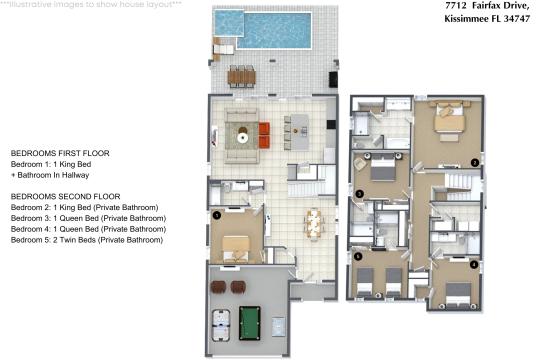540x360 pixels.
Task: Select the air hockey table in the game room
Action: pyautogui.click(x=222, y=320)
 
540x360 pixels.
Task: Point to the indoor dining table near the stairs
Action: pyautogui.click(x=314, y=223)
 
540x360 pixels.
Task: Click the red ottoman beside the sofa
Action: pyautogui.click(x=265, y=128)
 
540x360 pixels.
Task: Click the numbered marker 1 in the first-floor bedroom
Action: pyautogui.click(x=216, y=213)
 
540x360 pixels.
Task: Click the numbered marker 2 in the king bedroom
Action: pyautogui.click(x=475, y=162)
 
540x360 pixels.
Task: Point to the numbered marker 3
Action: pyautogui.click(x=359, y=192)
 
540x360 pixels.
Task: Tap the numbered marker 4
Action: pyautogui.click(x=473, y=265)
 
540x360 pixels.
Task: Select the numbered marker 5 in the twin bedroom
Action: pyautogui.click(x=359, y=256)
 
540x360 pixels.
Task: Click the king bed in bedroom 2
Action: pyautogui.click(x=446, y=121)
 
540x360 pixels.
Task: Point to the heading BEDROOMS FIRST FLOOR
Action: pyautogui.click(x=59, y=152)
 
